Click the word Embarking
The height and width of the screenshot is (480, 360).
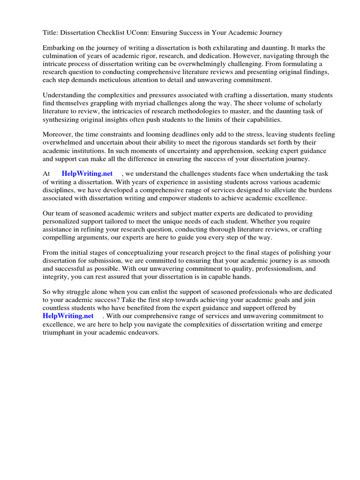click(59, 48)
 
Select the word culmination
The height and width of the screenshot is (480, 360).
click(62, 56)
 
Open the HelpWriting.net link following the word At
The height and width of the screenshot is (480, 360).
click(87, 174)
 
